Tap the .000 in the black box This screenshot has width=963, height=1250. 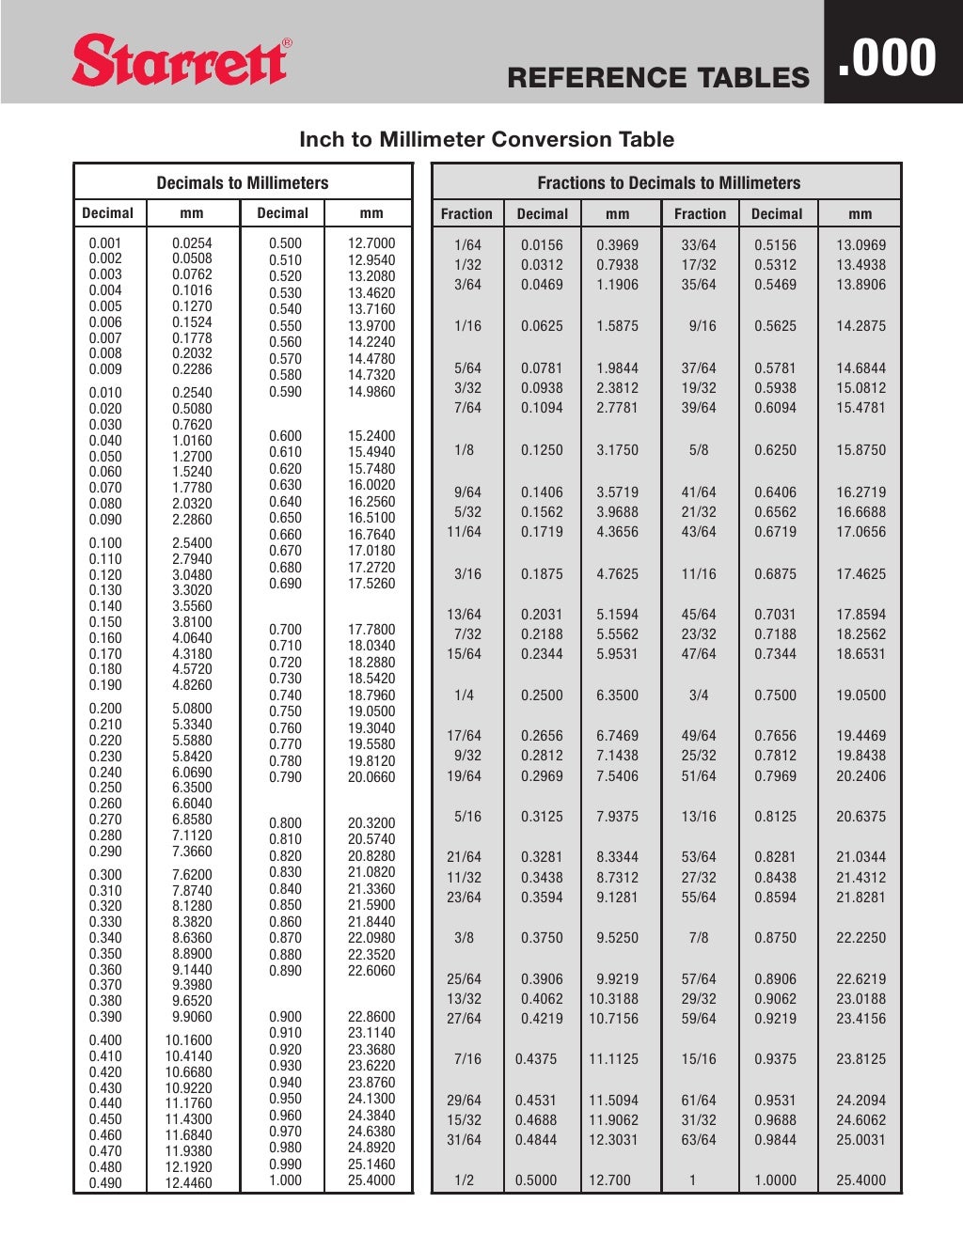(x=887, y=57)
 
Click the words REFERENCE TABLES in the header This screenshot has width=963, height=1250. (x=657, y=78)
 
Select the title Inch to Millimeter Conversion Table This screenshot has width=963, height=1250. (x=486, y=139)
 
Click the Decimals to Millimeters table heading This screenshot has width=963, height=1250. (x=243, y=183)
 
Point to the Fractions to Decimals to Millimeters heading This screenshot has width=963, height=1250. (x=669, y=183)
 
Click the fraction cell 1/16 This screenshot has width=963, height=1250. (x=467, y=326)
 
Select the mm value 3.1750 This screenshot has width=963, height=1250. (x=617, y=450)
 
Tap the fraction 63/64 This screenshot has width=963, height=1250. (x=699, y=1140)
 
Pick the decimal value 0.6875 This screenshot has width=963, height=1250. (x=775, y=573)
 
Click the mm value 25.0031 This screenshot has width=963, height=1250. (x=860, y=1140)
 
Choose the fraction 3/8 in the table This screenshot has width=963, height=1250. (x=464, y=938)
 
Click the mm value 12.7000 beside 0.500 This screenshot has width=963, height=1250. (x=371, y=242)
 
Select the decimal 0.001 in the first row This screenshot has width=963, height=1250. (x=105, y=242)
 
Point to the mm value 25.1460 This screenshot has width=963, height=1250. (x=371, y=1164)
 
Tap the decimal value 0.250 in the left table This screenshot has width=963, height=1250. (x=105, y=788)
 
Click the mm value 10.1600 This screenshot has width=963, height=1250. (x=189, y=1040)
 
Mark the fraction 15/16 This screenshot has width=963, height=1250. (x=699, y=1059)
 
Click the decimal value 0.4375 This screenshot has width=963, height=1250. (x=536, y=1059)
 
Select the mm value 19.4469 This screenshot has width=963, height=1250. (x=860, y=736)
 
